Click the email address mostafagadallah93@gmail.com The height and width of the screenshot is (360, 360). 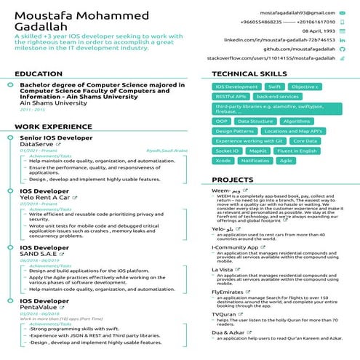pyautogui.click(x=292, y=13)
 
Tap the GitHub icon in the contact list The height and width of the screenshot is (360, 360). pyautogui.click(x=342, y=49)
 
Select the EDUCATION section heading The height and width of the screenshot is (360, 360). pyautogui.click(x=39, y=74)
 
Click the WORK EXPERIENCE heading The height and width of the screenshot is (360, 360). pyautogui.click(x=49, y=127)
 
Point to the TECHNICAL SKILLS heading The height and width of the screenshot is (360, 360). pyautogui.click(x=248, y=74)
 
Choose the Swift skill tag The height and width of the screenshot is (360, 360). pyautogui.click(x=274, y=87)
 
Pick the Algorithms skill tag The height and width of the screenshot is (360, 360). pyautogui.click(x=297, y=121)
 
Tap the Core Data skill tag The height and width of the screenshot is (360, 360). pyautogui.click(x=304, y=140)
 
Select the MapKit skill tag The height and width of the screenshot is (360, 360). pyautogui.click(x=258, y=151)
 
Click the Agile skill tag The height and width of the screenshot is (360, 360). pyautogui.click(x=286, y=160)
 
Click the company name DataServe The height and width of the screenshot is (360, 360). pyautogui.click(x=36, y=144)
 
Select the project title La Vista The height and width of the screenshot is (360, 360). pyautogui.click(x=222, y=269)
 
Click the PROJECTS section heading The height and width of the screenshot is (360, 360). pyautogui.click(x=232, y=179)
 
